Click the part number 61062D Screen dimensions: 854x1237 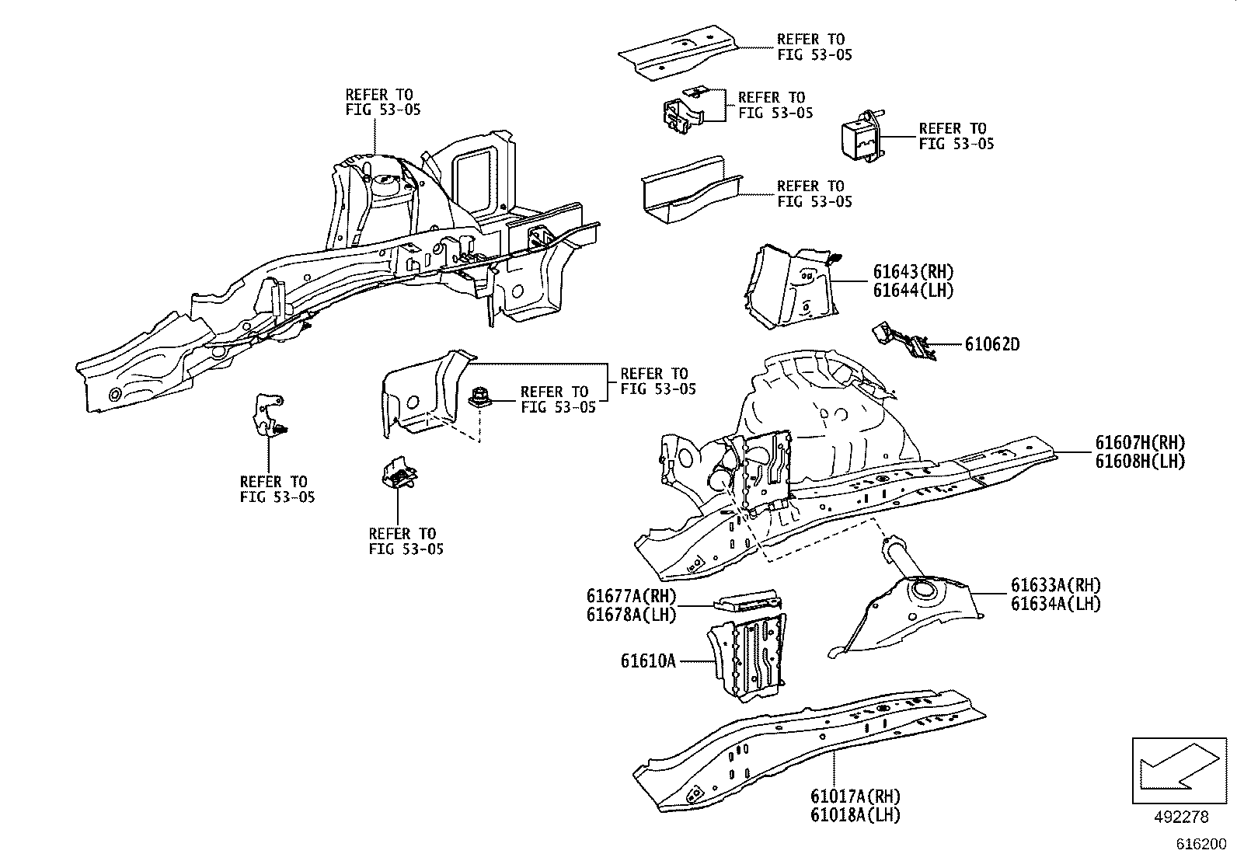coord(991,344)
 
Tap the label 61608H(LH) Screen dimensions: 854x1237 coord(1140,461)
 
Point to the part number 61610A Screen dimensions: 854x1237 coord(648,661)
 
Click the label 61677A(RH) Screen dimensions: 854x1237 coord(631,596)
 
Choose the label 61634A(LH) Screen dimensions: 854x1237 coord(1055,603)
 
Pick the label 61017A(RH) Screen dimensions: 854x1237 coord(855,796)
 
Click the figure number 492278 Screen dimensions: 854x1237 coord(1182,817)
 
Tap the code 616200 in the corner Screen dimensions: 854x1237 coord(1200,844)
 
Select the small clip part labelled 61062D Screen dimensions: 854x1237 coord(905,342)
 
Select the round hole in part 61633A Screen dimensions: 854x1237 coord(924,588)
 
